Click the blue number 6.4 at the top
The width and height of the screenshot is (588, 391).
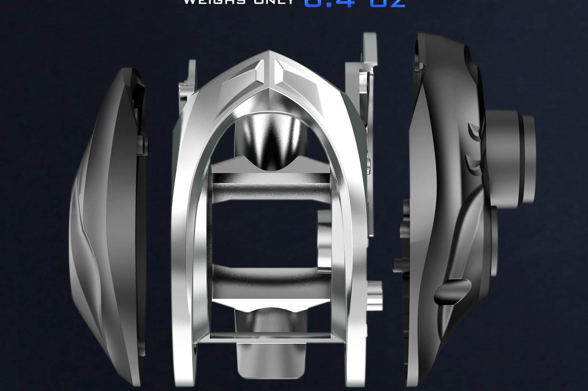[329, 3]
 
